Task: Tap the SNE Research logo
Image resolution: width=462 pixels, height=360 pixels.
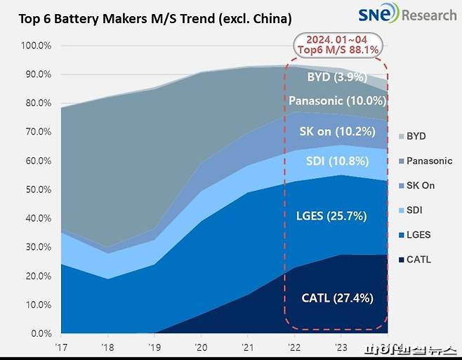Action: coord(407,14)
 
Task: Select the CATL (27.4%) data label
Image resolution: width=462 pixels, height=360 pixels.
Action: coord(336,298)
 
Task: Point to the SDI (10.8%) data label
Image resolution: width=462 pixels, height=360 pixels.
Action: coord(336,160)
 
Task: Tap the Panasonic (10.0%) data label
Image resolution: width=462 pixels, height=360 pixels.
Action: coord(336,101)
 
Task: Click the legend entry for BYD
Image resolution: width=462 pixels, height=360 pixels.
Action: coord(417,136)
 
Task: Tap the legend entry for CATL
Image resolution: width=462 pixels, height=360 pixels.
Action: coord(418,260)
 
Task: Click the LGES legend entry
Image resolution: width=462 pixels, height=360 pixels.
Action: coord(418,235)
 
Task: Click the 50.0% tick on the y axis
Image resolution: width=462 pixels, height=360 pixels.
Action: coord(37,190)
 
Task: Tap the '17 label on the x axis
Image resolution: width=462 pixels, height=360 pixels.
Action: coord(62,347)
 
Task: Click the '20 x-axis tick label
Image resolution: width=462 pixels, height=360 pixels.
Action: coord(201,347)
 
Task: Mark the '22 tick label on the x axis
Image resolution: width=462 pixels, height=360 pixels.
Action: coord(293,347)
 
